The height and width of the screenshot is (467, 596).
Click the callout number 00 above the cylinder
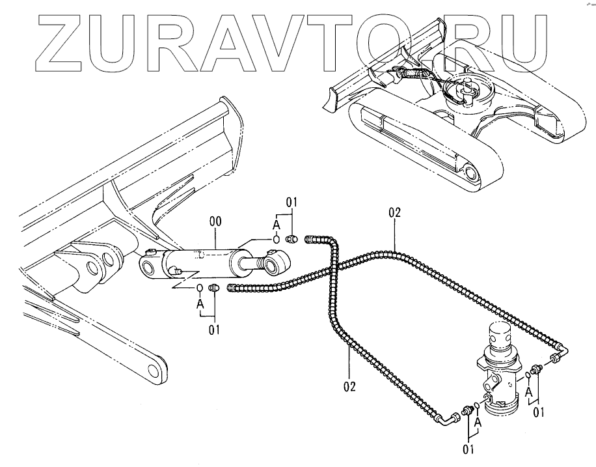(x=216, y=222)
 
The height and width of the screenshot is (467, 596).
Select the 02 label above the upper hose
(x=394, y=212)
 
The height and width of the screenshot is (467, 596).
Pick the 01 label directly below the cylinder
(x=214, y=328)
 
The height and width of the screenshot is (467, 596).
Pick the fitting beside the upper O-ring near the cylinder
(x=292, y=239)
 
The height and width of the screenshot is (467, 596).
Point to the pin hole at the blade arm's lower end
(x=154, y=371)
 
